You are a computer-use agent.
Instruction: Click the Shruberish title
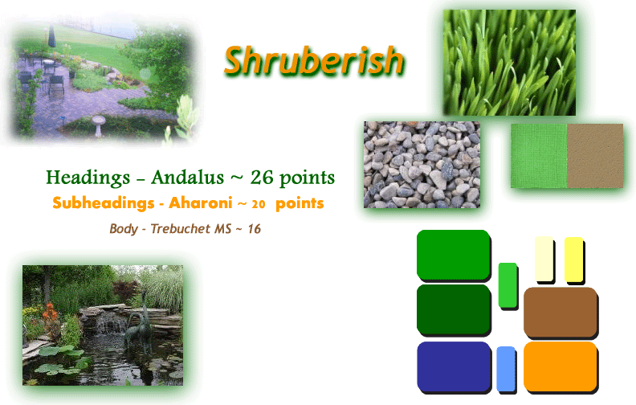[313, 61]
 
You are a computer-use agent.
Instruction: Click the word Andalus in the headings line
[187, 178]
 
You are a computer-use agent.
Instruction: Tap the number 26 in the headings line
[262, 178]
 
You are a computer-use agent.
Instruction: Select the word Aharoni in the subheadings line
[201, 202]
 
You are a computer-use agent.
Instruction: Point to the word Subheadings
[104, 203]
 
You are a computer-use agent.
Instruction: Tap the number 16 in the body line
[255, 229]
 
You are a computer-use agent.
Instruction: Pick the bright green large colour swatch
[454, 255]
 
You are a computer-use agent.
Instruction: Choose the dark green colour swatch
[454, 309]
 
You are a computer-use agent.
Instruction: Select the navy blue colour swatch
[454, 366]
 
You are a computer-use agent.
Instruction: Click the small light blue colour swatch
[506, 369]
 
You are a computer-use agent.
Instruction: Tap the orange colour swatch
[561, 366]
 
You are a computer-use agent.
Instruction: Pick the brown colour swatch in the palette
[561, 312]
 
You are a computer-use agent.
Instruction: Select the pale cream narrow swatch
[544, 259]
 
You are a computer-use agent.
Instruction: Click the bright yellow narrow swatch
[573, 260]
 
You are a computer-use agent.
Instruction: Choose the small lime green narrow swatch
[508, 285]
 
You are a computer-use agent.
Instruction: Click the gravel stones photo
[422, 165]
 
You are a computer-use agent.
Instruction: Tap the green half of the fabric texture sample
[539, 156]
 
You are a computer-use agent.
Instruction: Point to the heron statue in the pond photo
[140, 321]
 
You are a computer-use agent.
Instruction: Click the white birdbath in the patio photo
[98, 126]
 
